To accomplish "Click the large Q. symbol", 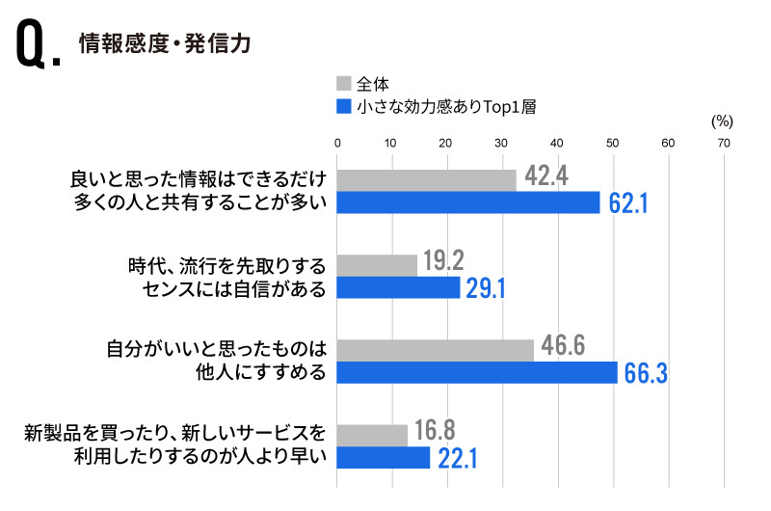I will coord(39,48).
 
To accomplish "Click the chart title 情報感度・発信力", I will coord(165,44).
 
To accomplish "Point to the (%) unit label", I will coord(722,121).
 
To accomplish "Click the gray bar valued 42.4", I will coord(427,179).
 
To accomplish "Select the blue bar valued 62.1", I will coord(468,202).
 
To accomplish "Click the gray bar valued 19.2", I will coord(377,264).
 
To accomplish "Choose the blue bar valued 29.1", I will coord(399,287).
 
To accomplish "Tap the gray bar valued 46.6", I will coord(435,350).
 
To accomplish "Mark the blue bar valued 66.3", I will coord(477,372).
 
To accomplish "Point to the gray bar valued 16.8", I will coord(372,435).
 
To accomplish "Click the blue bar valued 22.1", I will coord(384,458).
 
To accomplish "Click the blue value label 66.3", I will coord(646,374).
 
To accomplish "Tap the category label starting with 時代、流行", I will coord(226,276).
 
